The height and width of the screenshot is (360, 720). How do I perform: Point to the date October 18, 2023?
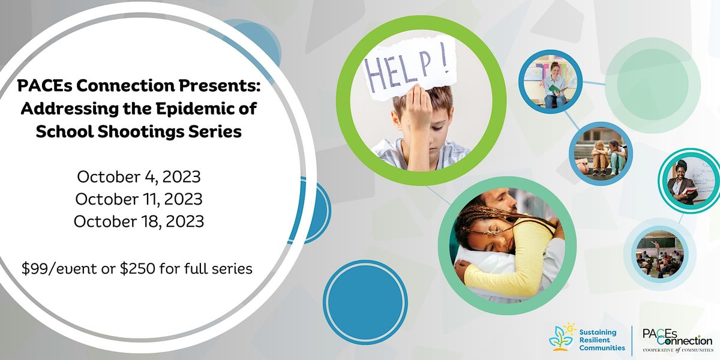coord(139,221)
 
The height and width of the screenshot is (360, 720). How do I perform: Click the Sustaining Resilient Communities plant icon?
coord(561,336)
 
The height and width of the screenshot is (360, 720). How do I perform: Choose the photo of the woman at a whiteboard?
coord(688,178)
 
